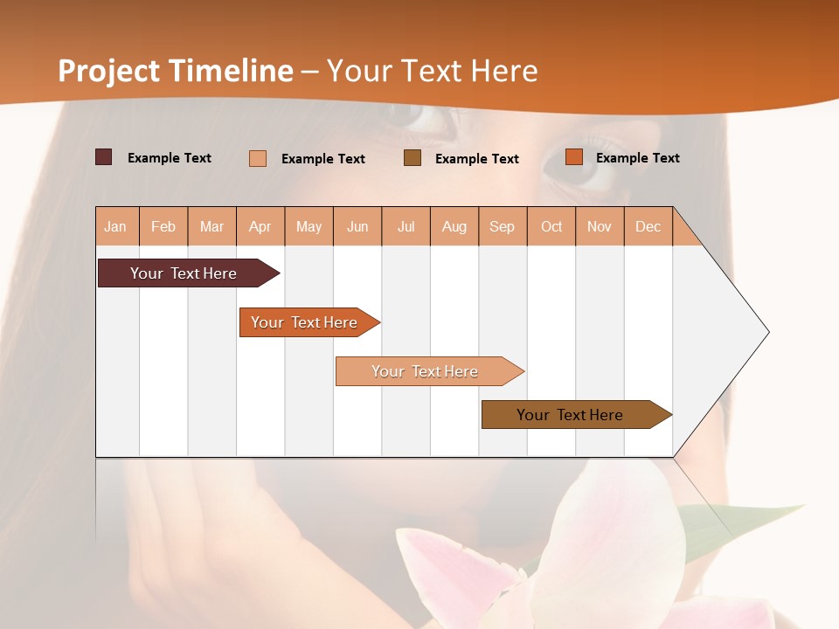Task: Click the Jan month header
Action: (115, 226)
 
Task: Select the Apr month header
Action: (260, 226)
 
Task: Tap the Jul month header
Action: (406, 226)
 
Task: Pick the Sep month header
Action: (502, 226)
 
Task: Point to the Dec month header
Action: (648, 226)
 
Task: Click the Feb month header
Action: (163, 226)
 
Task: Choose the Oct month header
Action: (551, 226)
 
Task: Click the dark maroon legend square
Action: (104, 157)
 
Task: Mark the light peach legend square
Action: (258, 158)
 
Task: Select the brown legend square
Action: (413, 157)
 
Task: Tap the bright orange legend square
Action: (573, 157)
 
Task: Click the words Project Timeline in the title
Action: (175, 71)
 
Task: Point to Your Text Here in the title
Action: (432, 71)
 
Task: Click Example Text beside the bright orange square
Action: (637, 158)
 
